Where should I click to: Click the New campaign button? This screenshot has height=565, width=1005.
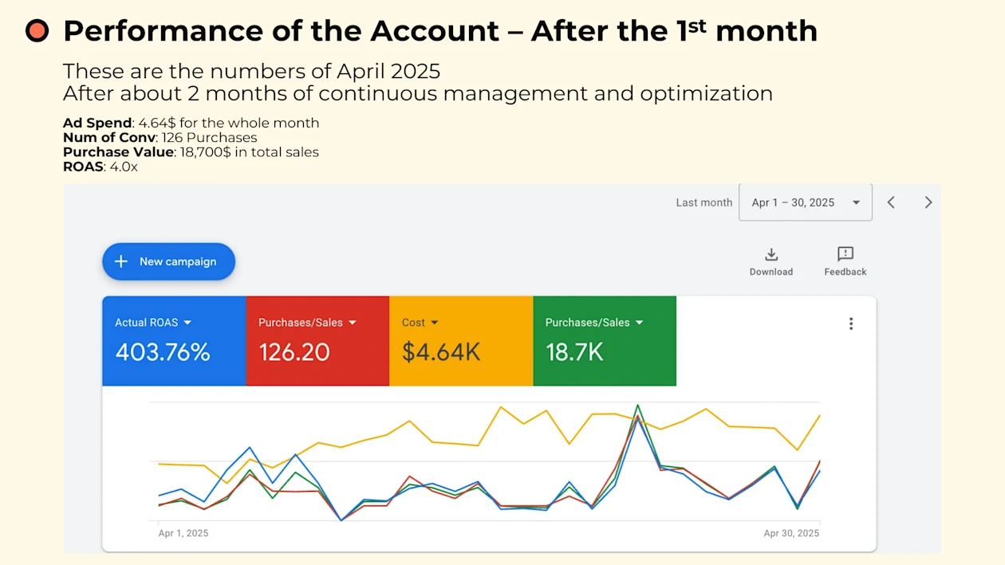[x=168, y=261]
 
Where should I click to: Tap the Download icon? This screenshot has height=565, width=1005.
[x=770, y=255]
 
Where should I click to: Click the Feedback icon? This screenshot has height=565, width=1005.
[x=845, y=255]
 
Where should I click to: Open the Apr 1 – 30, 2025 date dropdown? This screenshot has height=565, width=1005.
[x=805, y=202]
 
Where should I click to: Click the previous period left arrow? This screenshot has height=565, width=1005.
[x=891, y=202]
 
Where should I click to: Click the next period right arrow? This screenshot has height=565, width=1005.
[x=928, y=202]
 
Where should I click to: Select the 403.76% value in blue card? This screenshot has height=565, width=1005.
[x=163, y=352]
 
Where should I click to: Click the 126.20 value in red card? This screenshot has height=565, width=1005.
[x=294, y=352]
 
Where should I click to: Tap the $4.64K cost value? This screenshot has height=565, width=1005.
[x=441, y=352]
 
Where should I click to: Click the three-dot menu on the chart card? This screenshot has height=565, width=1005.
[x=851, y=324]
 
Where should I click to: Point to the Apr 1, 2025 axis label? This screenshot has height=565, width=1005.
[x=183, y=533]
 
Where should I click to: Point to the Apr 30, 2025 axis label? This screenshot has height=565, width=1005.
[x=791, y=533]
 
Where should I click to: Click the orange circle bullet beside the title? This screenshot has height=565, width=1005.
[x=37, y=31]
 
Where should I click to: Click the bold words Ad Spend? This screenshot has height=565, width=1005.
[x=97, y=123]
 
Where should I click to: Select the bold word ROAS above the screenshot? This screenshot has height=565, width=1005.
[x=83, y=167]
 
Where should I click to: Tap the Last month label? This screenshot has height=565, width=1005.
[x=703, y=202]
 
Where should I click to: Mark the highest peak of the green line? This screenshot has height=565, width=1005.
[x=637, y=405]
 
